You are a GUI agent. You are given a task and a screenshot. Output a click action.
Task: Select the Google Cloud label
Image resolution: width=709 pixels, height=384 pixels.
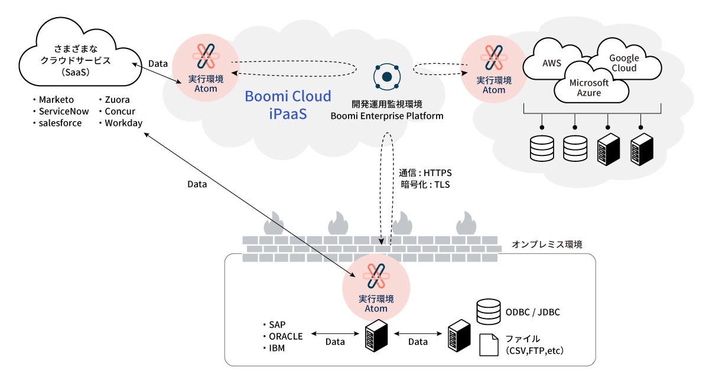624,63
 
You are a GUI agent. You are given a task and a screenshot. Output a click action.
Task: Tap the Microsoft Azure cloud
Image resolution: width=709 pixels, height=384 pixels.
588,88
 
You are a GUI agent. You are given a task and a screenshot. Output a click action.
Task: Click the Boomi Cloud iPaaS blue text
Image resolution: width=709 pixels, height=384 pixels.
288,105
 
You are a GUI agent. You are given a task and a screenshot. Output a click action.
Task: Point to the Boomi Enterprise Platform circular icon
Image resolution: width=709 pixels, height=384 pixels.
386,76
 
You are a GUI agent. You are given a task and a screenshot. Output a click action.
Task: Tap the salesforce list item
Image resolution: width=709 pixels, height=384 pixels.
60,123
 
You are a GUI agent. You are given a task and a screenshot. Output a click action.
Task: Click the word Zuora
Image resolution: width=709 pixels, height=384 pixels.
117,99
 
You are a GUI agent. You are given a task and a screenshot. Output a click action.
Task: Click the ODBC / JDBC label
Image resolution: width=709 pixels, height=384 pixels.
532,311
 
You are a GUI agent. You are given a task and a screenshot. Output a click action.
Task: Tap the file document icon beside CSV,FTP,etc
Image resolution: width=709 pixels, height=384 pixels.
489,345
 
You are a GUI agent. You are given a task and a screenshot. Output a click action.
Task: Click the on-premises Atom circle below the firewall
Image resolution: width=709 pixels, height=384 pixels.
376,287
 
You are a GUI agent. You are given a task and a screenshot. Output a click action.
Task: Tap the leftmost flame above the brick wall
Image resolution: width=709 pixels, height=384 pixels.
274,224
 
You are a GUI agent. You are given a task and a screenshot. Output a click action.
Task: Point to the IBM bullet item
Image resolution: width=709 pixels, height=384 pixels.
277,348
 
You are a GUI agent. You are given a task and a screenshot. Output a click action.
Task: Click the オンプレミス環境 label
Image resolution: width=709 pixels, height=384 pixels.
547,243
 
